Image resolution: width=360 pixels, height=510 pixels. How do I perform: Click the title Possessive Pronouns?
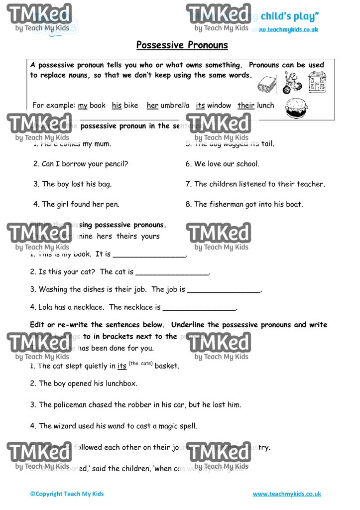point(182,45)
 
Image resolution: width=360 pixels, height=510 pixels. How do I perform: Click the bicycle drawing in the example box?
point(292,82)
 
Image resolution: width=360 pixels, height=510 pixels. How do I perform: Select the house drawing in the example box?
point(317,82)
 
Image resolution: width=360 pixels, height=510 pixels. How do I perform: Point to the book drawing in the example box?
point(267,84)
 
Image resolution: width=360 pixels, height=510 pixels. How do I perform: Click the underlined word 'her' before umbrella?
point(152,106)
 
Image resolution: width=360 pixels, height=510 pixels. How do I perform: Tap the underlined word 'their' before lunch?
point(246,106)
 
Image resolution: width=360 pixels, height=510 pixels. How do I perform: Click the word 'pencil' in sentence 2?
point(116,164)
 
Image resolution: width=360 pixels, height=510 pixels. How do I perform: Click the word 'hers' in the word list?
point(105,237)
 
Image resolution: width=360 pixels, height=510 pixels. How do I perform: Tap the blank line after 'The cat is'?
point(172,273)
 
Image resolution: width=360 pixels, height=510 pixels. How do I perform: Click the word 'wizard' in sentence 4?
point(70,426)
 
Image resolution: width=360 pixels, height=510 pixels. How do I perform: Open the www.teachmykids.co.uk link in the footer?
point(287,494)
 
